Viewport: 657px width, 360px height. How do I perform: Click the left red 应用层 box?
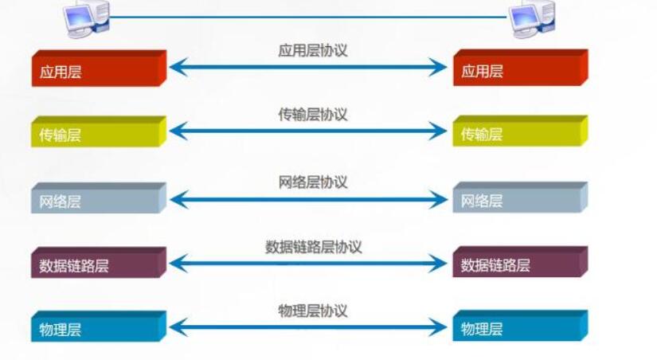point(97,69)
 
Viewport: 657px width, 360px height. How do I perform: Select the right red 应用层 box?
point(519,69)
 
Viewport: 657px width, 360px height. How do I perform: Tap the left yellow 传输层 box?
point(97,133)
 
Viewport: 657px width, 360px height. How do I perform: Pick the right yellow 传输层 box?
point(519,133)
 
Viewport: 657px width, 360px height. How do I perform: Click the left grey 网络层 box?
point(97,200)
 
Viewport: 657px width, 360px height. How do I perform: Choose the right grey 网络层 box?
point(519,200)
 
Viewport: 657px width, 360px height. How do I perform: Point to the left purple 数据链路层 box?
point(97,264)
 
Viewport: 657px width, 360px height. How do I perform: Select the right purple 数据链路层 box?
point(519,264)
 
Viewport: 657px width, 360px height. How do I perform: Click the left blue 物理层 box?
point(97,327)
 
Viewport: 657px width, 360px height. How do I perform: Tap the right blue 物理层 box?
point(519,327)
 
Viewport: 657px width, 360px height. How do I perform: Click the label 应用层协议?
point(312,50)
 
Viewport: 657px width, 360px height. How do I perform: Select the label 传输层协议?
point(312,115)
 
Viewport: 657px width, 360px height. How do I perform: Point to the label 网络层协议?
point(312,182)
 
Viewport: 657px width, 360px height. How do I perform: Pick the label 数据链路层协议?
point(313,247)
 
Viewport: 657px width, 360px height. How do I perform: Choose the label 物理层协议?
point(312,311)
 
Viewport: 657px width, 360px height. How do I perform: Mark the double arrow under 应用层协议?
point(308,68)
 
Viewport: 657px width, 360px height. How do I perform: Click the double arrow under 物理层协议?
point(308,327)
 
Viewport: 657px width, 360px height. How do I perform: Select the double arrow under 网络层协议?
point(308,200)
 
